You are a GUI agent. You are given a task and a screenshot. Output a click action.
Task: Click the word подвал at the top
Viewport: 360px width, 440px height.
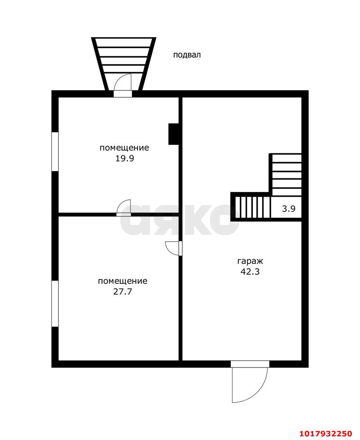[187, 55]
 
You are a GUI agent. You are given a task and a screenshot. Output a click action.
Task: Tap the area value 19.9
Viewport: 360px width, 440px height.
[124, 159]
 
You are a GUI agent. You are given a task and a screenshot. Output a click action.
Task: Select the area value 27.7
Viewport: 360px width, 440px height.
[122, 291]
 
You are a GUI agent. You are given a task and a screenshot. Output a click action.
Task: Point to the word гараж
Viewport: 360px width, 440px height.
[250, 261]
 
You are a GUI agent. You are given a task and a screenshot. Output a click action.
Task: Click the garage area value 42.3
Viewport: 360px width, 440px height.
[250, 272]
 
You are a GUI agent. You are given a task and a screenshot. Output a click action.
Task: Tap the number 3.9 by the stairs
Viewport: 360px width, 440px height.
[288, 209]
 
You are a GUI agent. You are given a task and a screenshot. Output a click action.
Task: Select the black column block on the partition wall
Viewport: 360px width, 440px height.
[173, 134]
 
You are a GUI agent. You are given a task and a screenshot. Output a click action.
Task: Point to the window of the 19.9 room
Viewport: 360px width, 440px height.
[55, 152]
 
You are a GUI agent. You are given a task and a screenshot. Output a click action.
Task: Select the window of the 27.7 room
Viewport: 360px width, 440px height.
[55, 304]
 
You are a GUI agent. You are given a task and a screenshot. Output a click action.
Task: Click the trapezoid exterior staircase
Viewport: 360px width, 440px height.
[123, 64]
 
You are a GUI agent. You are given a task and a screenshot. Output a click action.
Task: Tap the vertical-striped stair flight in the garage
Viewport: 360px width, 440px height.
[252, 207]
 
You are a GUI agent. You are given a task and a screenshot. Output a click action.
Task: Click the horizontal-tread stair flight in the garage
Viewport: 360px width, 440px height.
[286, 175]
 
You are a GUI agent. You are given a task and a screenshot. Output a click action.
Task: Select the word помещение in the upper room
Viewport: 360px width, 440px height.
[124, 148]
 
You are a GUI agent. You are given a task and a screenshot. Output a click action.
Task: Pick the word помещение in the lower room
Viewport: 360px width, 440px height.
[122, 281]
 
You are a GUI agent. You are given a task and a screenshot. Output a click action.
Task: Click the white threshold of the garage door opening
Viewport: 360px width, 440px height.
[250, 364]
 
